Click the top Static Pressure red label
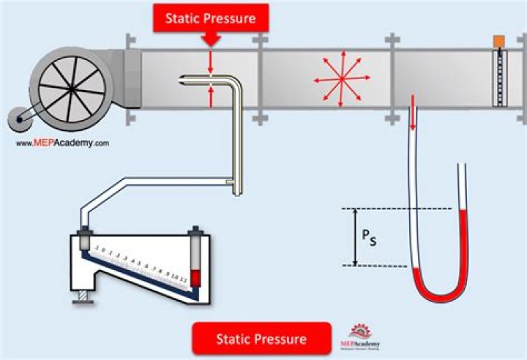click(210, 18)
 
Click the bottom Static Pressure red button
click(261, 340)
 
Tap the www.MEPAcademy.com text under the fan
click(62, 143)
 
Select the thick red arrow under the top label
click(210, 40)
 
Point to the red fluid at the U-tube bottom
click(437, 287)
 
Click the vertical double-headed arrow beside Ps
click(355, 237)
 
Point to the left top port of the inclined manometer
click(84, 238)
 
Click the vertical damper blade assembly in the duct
click(500, 77)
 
